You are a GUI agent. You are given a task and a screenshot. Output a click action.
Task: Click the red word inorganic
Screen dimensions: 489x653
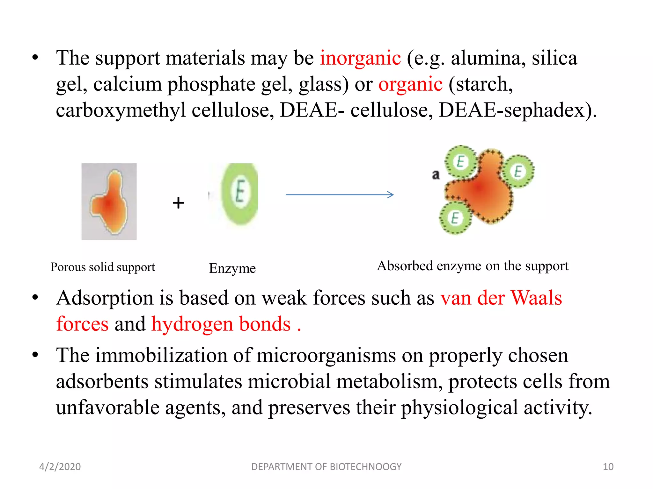coord(360,58)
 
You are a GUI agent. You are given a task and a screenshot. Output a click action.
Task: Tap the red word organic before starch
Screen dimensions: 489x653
coord(410,84)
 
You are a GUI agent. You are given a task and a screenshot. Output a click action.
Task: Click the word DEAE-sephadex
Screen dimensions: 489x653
coord(517,110)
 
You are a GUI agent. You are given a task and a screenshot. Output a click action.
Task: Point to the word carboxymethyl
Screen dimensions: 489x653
coord(121,110)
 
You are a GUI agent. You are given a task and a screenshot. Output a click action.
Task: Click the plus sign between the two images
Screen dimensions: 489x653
coord(179,203)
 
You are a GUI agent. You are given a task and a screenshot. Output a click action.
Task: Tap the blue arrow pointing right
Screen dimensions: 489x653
coord(340,195)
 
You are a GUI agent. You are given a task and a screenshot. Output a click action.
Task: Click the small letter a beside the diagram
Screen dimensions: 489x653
coord(436,175)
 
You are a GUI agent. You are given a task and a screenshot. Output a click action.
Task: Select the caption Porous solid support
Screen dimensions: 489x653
coord(103,267)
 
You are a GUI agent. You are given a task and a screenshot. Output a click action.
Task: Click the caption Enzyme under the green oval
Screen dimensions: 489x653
coord(232,268)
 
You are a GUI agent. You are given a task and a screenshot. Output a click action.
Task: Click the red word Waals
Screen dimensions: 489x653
coord(536,298)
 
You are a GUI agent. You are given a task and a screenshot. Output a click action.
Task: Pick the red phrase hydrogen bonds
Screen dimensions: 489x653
coord(221,324)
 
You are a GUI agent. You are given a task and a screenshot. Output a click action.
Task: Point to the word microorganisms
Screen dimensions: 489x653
coord(326,355)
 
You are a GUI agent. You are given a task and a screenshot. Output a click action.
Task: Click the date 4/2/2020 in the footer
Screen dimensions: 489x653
coord(60,467)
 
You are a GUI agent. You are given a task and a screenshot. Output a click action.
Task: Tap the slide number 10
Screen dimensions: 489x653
coord(608,467)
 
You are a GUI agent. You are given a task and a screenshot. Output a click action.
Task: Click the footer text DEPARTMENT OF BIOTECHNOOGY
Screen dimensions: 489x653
coord(326,467)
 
